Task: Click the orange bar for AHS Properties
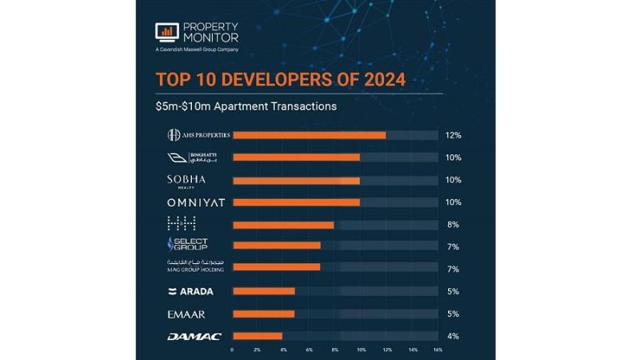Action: (309, 135)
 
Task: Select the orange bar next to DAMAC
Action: (257, 336)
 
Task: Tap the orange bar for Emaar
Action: (263, 314)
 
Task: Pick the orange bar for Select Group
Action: (276, 246)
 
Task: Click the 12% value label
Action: (453, 135)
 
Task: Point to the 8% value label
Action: (453, 225)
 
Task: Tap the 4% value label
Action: (453, 336)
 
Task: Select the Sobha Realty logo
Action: (186, 180)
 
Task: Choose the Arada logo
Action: (190, 291)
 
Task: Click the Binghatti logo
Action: (191, 158)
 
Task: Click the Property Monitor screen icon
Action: (166, 32)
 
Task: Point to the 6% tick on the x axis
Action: (309, 350)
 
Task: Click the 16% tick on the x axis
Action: (437, 350)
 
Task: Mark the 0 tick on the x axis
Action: (232, 350)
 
